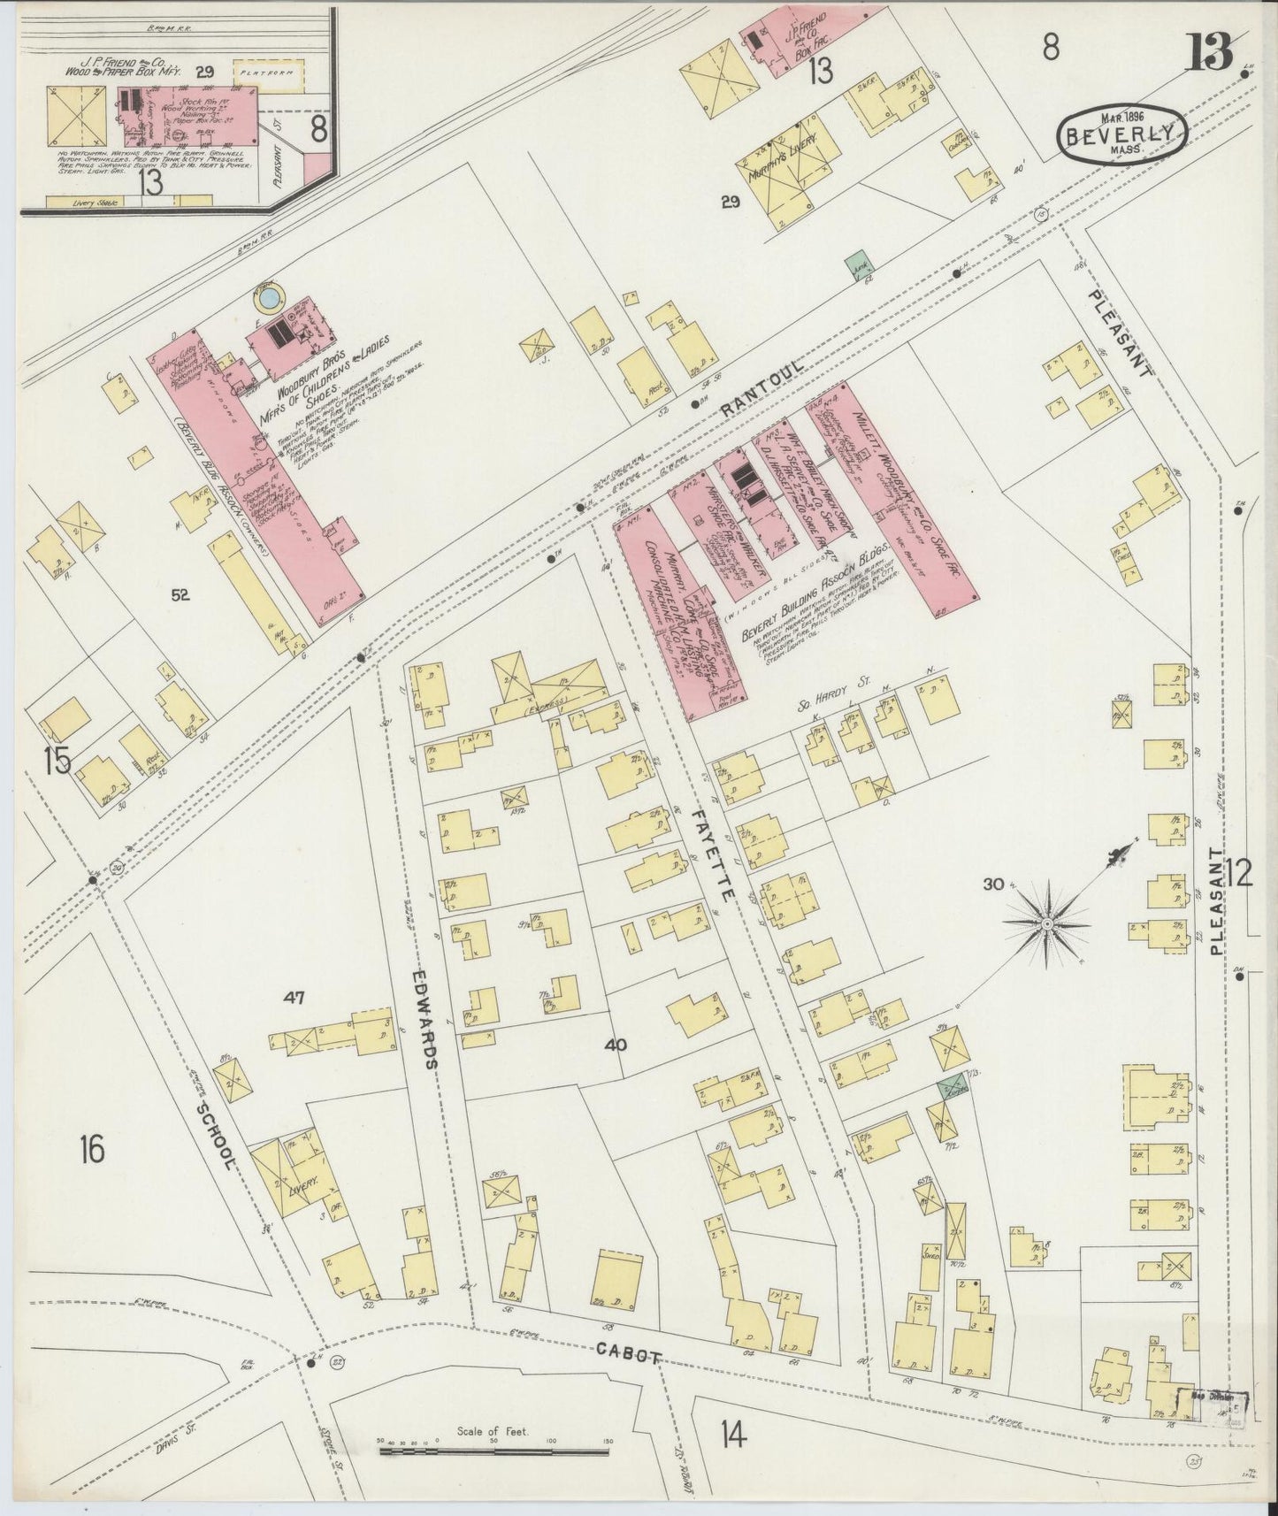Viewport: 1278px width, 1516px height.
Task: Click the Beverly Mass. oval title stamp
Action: [x=1121, y=134]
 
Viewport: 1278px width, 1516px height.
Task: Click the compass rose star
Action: [x=1046, y=923]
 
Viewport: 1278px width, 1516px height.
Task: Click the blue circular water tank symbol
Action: [x=265, y=302]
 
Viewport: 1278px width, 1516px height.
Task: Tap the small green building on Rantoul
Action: [x=856, y=264]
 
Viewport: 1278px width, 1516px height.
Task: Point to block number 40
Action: [x=616, y=1045]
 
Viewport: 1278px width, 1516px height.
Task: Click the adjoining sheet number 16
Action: [x=91, y=1151]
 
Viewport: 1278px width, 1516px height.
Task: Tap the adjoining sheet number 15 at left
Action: [x=58, y=761]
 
